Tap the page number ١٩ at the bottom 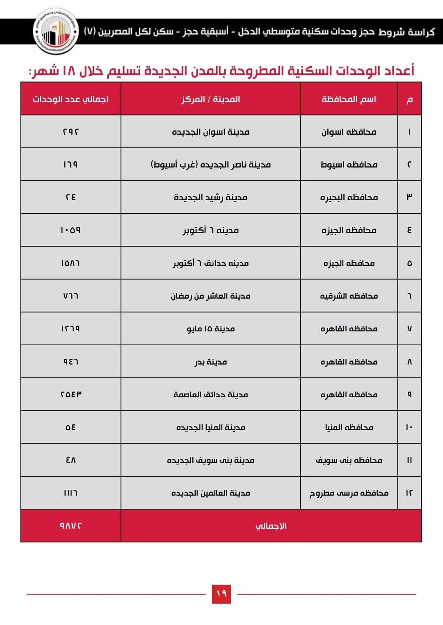(221, 593)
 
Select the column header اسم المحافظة (349, 99)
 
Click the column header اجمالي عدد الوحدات (71, 99)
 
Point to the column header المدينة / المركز (210, 99)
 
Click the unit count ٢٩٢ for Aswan (71, 132)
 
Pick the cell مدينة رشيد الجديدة (210, 197)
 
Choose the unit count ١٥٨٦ (71, 263)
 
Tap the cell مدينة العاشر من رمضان (210, 296)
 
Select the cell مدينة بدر (210, 362)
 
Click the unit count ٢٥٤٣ (71, 394)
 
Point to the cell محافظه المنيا (349, 427)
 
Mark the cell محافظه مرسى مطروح (349, 493)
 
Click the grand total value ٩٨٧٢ (71, 525)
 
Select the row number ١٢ (409, 493)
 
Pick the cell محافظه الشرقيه (349, 296)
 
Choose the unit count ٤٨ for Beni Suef (71, 460)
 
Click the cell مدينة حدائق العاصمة (210, 394)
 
